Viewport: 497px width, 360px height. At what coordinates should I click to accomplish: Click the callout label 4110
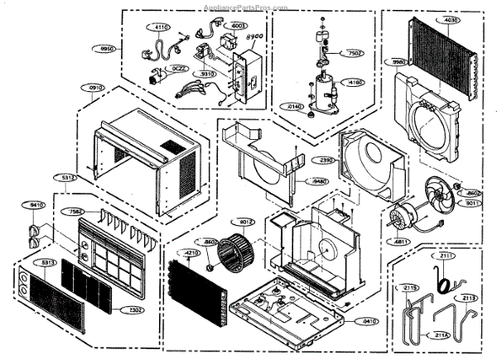(161, 27)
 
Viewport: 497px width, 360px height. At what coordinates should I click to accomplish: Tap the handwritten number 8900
(257, 37)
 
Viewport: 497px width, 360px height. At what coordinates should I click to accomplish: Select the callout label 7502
(354, 53)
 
